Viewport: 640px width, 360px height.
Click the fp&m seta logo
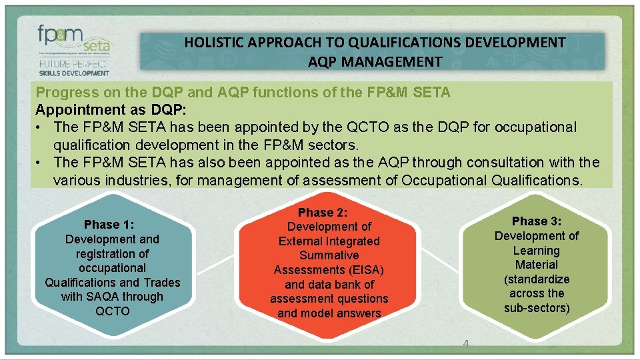point(73,41)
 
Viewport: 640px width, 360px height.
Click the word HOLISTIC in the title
point(214,43)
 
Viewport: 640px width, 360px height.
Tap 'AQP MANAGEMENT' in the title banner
point(375,62)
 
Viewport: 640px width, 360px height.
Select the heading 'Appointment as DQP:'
point(101,109)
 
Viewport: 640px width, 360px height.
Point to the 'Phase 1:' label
point(111,225)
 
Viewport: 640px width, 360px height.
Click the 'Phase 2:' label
point(328,213)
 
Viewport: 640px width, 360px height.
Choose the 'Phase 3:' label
point(537,221)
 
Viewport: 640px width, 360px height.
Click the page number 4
point(466,343)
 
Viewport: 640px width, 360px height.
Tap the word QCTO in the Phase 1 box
point(112,311)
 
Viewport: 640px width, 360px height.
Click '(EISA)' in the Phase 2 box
point(365,270)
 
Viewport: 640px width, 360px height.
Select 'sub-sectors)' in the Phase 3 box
point(537,308)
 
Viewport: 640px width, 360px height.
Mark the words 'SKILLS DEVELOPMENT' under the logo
point(73,72)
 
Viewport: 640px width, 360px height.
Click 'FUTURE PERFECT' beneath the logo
point(73,64)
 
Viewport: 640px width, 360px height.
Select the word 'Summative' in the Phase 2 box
point(329,255)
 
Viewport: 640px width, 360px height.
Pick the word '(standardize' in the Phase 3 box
point(537,279)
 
